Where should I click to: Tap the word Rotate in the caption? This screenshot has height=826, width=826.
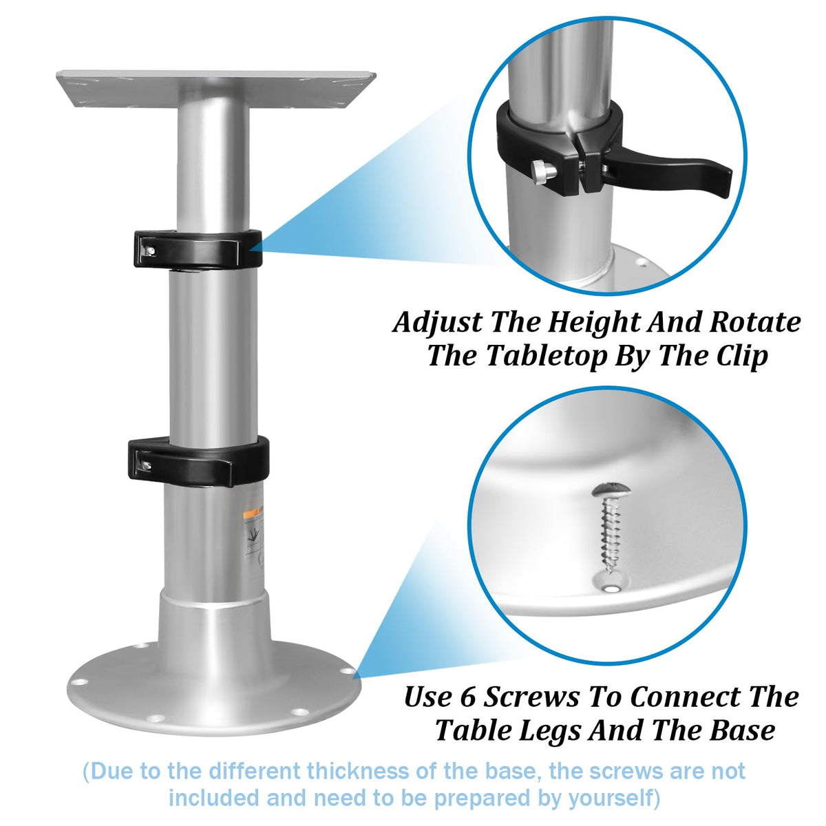[754, 322]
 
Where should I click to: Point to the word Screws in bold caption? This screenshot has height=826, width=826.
[531, 697]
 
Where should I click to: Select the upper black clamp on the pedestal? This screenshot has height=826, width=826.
[198, 248]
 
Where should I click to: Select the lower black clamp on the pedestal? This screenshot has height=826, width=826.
[198, 462]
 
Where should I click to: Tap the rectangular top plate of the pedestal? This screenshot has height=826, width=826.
[216, 88]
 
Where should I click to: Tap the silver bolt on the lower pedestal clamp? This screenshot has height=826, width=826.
[147, 465]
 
